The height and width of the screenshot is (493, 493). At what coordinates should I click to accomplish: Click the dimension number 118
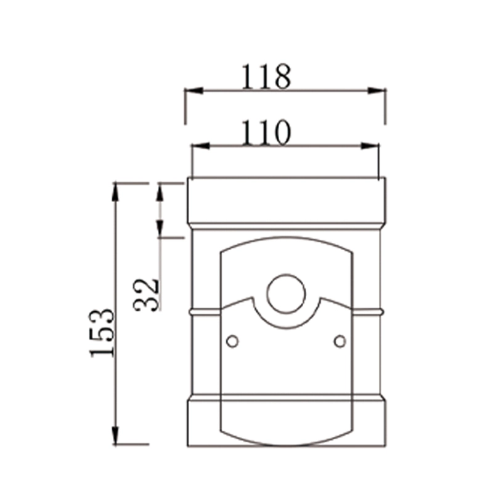pos(265,78)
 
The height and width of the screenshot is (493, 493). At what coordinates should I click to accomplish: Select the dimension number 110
pos(265,132)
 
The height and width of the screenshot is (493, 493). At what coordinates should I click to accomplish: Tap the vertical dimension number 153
pos(102,332)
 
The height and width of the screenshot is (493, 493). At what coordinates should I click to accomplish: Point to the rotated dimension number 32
pos(148,294)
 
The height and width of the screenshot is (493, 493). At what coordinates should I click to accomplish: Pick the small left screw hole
pos(232,341)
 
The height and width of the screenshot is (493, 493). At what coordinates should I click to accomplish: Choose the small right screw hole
pos(340,341)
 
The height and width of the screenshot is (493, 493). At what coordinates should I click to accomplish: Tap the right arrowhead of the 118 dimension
pos(377,91)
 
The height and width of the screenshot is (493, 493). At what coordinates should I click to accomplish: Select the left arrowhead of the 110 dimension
pos(200,146)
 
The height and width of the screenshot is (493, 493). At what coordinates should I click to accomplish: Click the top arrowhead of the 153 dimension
pos(115,190)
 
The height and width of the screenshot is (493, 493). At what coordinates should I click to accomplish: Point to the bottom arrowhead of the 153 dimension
pos(115,436)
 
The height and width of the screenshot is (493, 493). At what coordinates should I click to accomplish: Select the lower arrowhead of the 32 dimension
pos(160,230)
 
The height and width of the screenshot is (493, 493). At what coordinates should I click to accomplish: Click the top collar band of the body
pos(287,202)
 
